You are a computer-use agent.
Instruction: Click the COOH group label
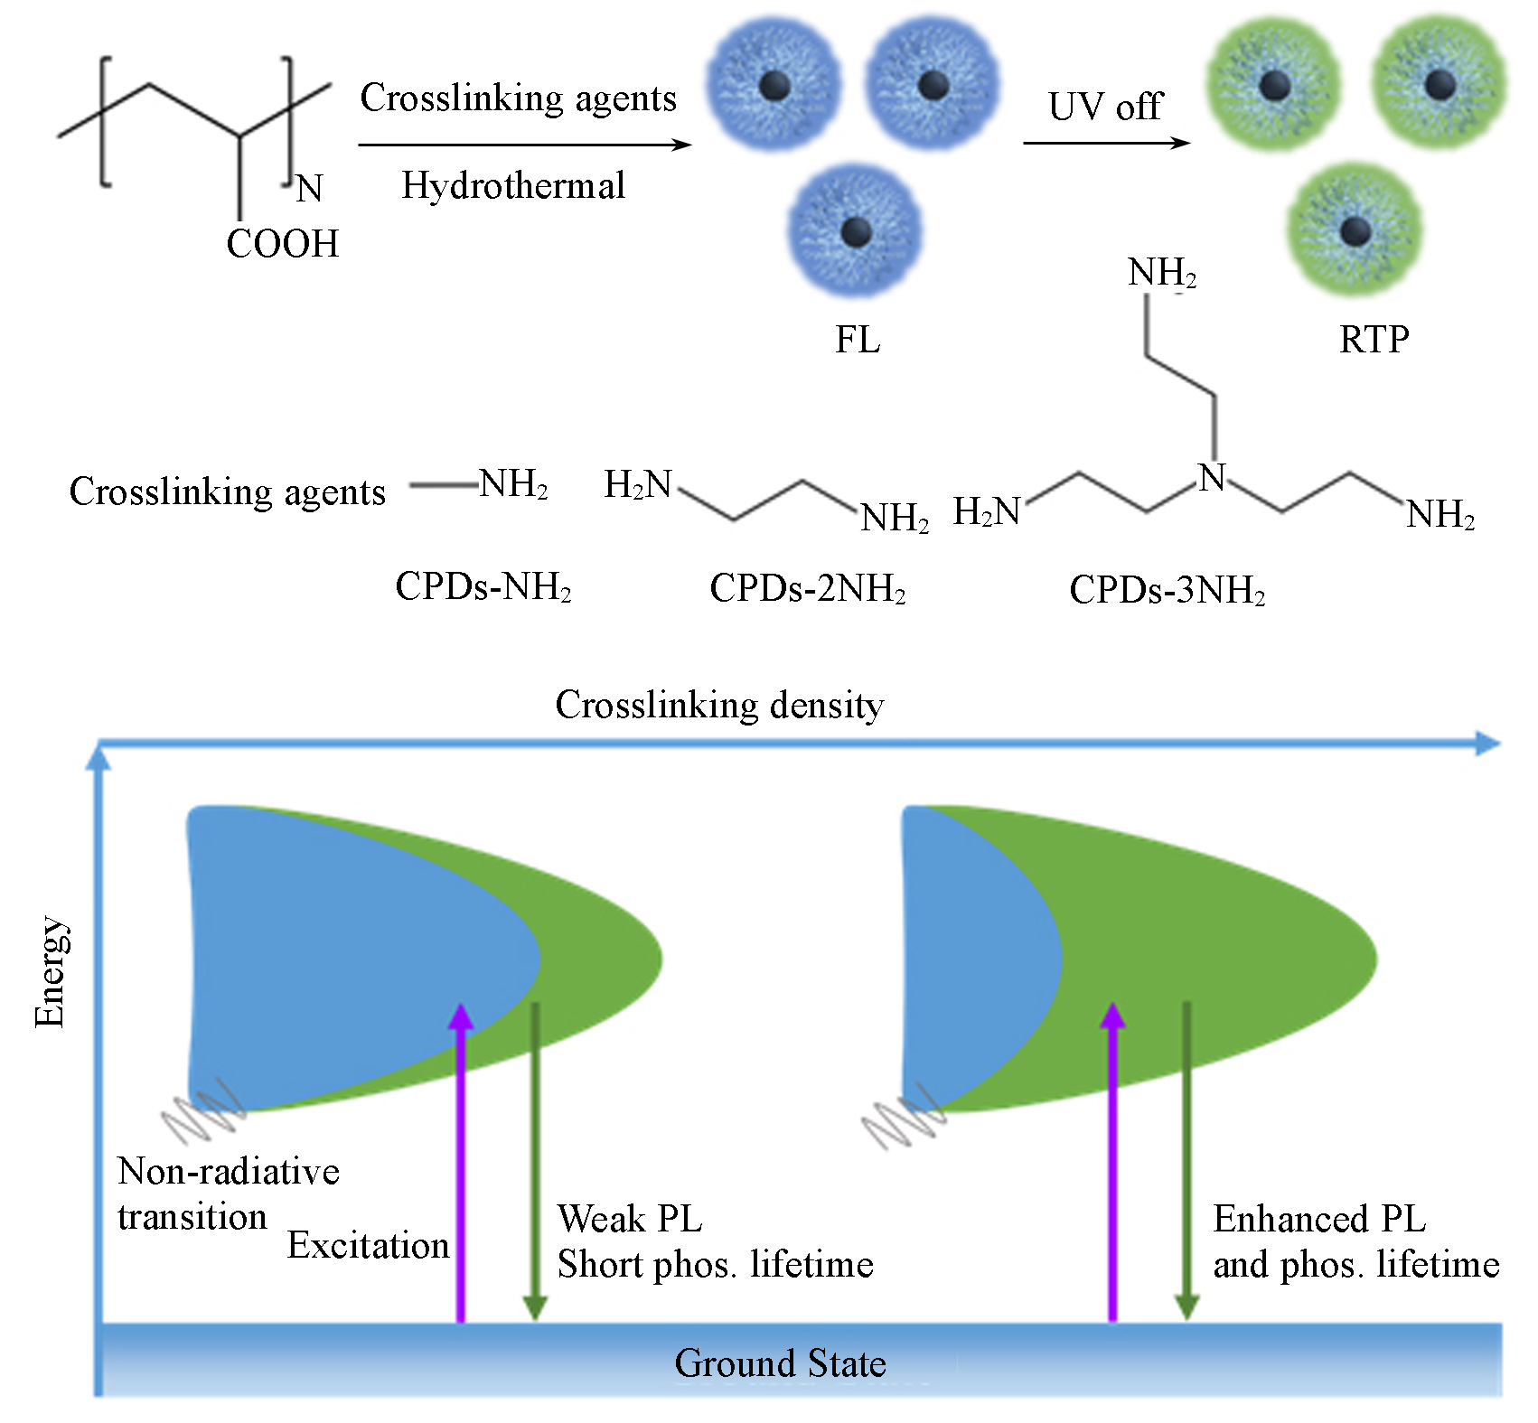click(282, 244)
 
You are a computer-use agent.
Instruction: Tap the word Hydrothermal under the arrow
click(513, 186)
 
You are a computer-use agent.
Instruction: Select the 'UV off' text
click(1105, 107)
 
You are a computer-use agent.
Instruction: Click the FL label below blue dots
click(857, 340)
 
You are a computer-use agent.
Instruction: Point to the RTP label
click(1374, 340)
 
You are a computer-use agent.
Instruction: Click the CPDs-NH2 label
click(483, 587)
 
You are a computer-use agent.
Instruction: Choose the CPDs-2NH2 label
click(807, 589)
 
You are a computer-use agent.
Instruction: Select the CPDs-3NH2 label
click(1167, 591)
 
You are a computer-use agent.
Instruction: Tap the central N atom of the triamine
click(1212, 478)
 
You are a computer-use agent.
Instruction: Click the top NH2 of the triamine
click(1161, 272)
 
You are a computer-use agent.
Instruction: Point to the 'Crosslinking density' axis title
click(719, 705)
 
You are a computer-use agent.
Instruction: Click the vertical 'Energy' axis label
click(51, 972)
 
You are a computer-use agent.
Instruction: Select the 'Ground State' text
click(780, 1363)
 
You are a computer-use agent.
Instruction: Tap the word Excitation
click(368, 1246)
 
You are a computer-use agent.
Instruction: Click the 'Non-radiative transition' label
click(228, 1194)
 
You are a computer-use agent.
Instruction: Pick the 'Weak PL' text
click(630, 1219)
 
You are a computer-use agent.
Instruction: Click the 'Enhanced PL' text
click(1318, 1219)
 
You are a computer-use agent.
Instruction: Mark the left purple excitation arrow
click(461, 1166)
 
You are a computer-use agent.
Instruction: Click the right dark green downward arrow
click(1186, 1166)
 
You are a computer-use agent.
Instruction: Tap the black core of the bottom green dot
click(1354, 231)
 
